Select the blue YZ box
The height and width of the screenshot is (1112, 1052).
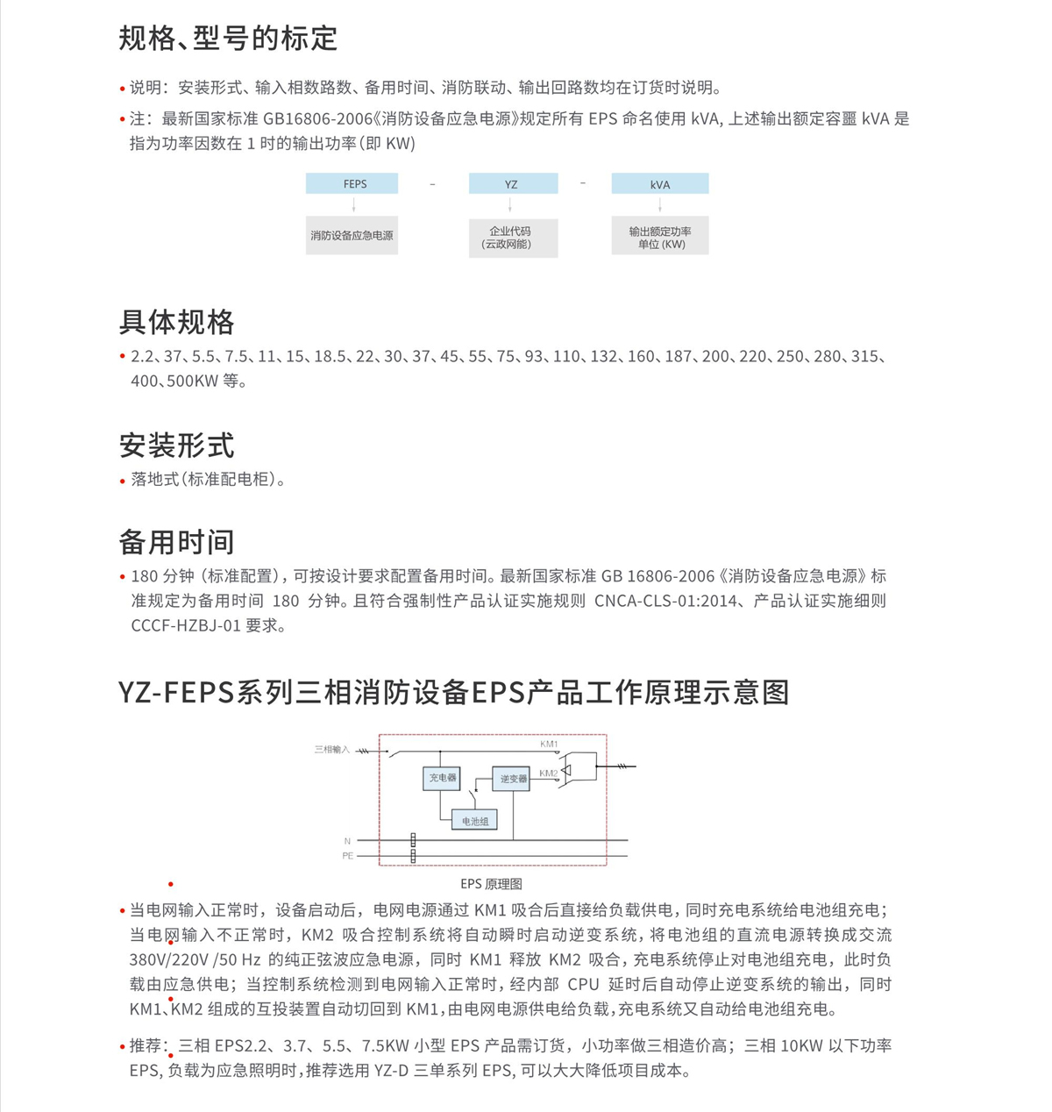point(513,183)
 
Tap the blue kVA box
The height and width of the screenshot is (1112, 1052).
point(659,183)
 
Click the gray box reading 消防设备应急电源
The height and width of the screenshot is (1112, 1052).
point(352,236)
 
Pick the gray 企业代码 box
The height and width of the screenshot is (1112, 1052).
point(513,237)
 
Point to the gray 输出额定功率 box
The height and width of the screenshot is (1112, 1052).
point(659,237)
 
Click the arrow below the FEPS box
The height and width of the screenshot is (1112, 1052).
point(353,204)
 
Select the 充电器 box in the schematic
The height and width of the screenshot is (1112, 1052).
point(442,778)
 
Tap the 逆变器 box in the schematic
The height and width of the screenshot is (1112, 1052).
point(512,779)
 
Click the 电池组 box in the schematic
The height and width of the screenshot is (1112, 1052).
point(474,821)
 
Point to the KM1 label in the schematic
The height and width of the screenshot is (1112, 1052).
point(550,745)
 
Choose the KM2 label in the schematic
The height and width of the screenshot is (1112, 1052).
point(550,773)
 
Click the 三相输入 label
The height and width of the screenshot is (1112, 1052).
point(332,750)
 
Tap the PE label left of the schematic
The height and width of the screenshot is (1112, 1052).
point(348,856)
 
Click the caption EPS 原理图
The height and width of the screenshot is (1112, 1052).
point(491,884)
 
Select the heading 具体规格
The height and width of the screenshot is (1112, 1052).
point(177,322)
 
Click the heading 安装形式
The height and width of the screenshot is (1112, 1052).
point(177,446)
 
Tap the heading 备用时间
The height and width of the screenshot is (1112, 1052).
point(177,542)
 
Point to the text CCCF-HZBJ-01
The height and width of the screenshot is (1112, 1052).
point(185,625)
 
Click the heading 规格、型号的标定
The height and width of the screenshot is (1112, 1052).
point(228,39)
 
